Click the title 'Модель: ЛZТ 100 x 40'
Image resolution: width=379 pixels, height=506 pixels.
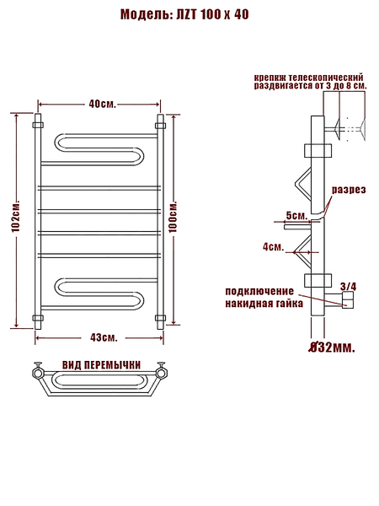coord(184,14)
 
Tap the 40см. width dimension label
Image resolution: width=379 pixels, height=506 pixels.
coord(102,105)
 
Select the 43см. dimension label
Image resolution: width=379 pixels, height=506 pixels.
coord(104,337)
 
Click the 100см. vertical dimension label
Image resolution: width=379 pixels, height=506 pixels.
coord(173,217)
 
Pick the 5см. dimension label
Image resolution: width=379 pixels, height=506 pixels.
coord(296,216)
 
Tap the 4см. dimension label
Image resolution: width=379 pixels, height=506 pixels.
coord(273,247)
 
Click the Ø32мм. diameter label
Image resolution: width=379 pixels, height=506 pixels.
coord(332,347)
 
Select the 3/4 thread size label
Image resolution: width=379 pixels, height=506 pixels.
coord(349,286)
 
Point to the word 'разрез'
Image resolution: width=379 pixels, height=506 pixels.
coord(349,190)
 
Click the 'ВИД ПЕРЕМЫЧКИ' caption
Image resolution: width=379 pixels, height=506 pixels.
coord(102,365)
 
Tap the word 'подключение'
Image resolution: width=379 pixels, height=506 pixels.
coord(259,291)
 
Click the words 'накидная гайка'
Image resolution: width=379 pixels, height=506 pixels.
coord(264,304)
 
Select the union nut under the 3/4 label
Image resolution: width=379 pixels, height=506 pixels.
coord(349,300)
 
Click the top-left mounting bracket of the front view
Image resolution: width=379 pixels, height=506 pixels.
coord(38,125)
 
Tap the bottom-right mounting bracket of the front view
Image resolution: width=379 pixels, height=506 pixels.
coord(160,318)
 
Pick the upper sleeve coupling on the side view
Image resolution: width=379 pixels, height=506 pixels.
coord(318,151)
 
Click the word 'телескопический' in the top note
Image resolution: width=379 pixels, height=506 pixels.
coord(325,78)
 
